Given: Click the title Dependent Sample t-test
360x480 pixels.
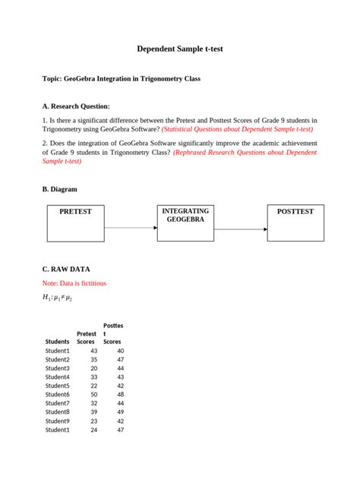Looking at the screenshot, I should (x=180, y=49).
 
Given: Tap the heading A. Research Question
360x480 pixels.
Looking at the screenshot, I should (x=76, y=106).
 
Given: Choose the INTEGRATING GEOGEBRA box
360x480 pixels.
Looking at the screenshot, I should (x=185, y=223).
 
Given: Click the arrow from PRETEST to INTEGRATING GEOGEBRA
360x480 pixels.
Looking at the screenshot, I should (x=131, y=227).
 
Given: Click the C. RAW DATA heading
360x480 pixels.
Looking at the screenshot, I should (x=67, y=269).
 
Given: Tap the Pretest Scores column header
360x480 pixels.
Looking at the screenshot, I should (x=87, y=337).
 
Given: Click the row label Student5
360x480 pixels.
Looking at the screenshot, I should (x=58, y=386).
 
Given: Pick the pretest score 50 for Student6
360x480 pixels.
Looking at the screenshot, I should (x=93, y=394).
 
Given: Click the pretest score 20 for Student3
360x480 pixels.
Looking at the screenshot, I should (x=93, y=368).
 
